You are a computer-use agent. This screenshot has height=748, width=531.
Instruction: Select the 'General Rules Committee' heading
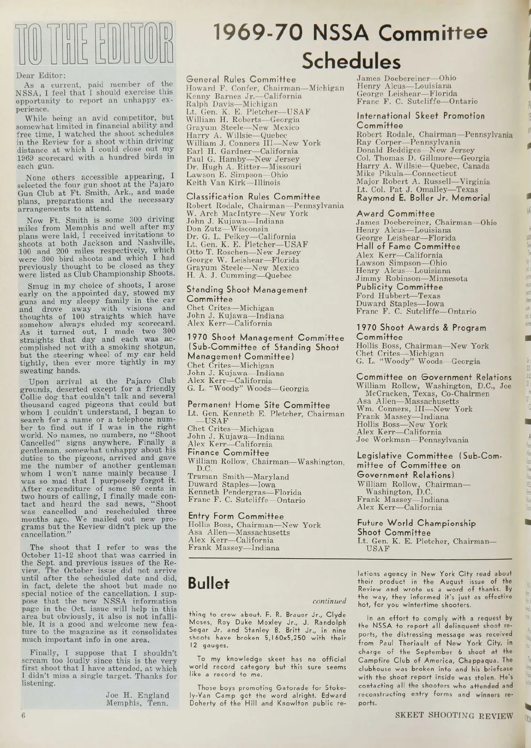241,80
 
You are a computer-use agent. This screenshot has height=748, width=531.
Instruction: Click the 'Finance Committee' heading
228,453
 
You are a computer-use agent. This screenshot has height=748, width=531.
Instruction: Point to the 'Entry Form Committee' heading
236,516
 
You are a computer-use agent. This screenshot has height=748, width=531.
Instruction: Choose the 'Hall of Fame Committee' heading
408,247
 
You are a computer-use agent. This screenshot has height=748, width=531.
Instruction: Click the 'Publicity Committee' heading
400,287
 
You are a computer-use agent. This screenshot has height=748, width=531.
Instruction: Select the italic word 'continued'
329,601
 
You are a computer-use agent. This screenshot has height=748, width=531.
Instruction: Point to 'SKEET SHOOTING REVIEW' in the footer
454,716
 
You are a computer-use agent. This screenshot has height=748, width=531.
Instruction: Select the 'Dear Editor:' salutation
41,75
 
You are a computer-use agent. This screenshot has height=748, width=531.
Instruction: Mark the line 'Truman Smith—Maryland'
238,477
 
